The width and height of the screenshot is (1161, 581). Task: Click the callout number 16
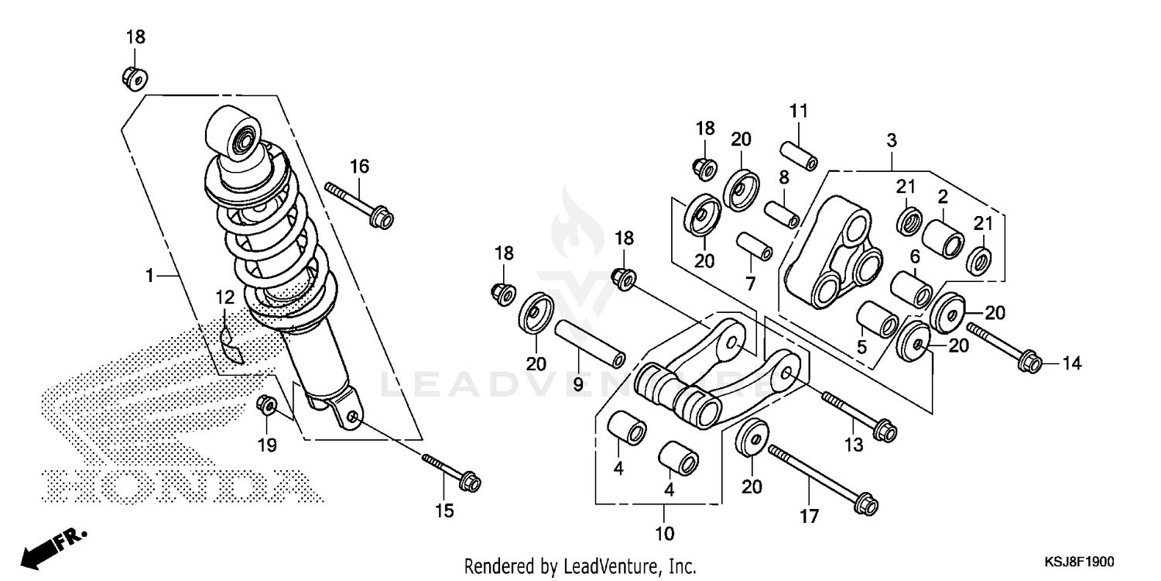coord(359,166)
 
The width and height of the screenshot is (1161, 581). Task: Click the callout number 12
coord(224,297)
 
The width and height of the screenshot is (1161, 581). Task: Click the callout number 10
coord(665,534)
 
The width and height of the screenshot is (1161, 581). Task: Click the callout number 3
coord(892,141)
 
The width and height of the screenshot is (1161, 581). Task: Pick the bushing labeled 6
coord(911,288)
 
